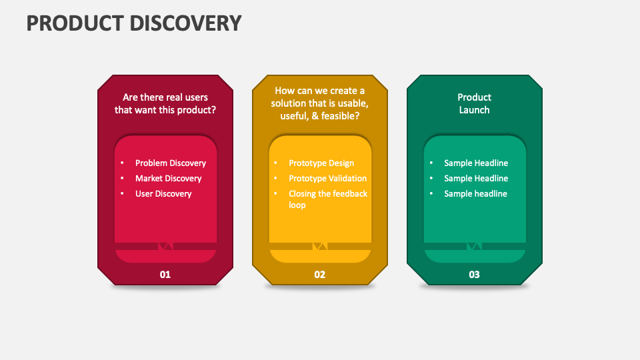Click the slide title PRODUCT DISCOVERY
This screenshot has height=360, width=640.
[134, 23]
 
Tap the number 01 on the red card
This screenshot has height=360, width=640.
[165, 275]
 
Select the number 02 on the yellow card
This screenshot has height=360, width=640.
[319, 275]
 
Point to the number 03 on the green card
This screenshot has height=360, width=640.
[474, 275]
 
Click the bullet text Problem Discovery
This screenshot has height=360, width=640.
[171, 163]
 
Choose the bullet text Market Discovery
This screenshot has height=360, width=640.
[169, 179]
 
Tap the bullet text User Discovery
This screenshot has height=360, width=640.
[163, 194]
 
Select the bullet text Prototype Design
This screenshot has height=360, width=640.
[321, 163]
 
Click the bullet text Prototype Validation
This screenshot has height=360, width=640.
[328, 179]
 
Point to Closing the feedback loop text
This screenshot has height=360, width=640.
[328, 199]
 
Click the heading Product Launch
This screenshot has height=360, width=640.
[474, 104]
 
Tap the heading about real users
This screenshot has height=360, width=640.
[165, 104]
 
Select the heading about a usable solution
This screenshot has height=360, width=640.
[319, 103]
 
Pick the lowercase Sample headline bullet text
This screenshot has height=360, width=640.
[475, 194]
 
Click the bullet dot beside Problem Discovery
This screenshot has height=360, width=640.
[122, 163]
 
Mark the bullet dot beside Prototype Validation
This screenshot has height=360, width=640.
[275, 179]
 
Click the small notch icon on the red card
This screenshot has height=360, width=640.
[165, 246]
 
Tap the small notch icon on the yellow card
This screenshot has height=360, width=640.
[320, 246]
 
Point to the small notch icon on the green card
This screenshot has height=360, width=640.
[474, 246]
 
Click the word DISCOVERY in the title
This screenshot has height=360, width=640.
[186, 23]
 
